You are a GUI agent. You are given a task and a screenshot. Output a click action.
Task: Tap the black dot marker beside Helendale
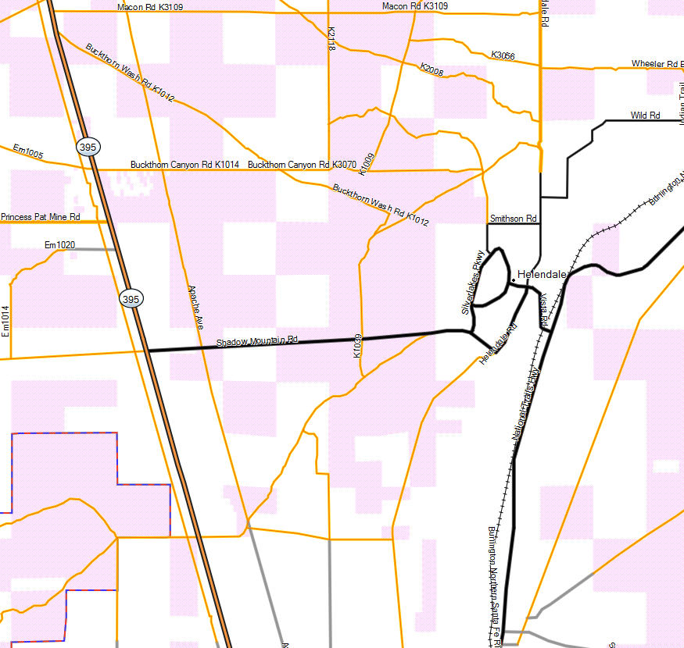(x=512, y=279)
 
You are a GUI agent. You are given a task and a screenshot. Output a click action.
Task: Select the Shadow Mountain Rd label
(x=258, y=341)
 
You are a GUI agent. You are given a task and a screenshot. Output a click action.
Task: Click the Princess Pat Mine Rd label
(x=41, y=216)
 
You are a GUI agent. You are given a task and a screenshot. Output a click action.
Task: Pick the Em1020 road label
(x=59, y=245)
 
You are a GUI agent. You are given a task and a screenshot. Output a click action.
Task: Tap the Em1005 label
(x=28, y=151)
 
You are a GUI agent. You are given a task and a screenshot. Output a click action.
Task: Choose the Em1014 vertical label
(x=5, y=320)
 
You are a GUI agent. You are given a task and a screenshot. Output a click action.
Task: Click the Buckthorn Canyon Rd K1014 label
(x=184, y=165)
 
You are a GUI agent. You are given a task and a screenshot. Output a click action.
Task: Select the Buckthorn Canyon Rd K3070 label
(x=302, y=165)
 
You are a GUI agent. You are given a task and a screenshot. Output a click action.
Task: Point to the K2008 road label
(x=432, y=69)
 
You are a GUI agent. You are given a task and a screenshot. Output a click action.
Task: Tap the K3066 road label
(x=503, y=55)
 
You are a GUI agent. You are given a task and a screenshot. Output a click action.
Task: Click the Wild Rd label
(x=645, y=116)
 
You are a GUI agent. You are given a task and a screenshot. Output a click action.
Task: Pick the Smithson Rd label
(x=513, y=219)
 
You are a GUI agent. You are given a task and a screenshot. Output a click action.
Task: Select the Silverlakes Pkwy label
(x=474, y=283)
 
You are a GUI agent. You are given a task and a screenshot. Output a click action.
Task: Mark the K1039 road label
(x=357, y=346)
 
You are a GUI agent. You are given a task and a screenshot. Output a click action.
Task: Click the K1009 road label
(x=367, y=163)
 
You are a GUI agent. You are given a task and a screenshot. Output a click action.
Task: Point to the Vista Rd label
(x=544, y=308)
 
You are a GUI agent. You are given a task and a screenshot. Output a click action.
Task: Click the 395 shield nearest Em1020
(x=131, y=298)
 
